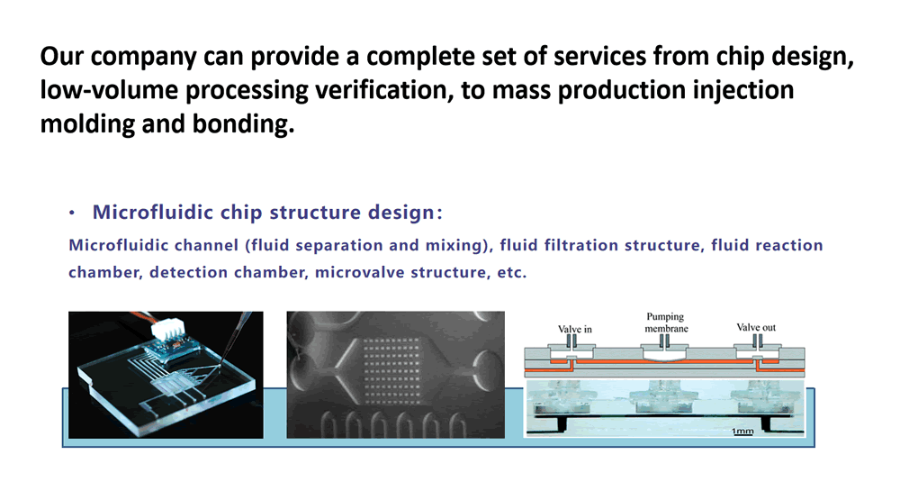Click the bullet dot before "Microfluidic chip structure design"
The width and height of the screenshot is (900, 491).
click(72, 213)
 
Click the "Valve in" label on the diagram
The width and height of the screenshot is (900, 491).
click(574, 329)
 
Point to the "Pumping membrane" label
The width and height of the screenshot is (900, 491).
click(666, 323)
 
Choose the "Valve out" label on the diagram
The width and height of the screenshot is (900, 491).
click(756, 327)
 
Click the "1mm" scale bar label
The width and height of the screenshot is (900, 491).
click(742, 430)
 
